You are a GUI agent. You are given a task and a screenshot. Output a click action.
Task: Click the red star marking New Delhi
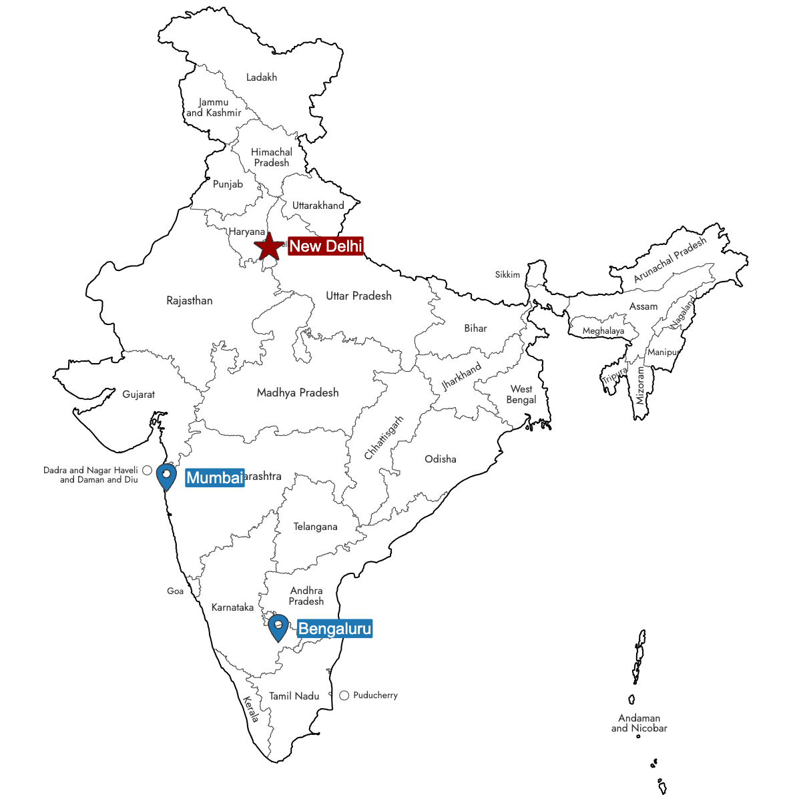268,247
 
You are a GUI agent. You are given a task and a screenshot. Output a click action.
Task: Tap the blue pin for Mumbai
166,477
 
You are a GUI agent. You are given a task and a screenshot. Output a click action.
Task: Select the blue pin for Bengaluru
278,627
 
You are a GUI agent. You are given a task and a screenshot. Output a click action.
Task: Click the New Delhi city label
326,246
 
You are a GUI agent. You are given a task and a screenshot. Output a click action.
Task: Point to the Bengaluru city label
334,629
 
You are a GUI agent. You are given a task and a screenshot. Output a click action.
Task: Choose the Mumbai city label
214,477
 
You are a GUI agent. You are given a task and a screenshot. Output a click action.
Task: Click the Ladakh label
262,77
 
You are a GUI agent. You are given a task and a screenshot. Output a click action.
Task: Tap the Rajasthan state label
190,300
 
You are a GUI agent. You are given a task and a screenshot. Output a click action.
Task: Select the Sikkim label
507,274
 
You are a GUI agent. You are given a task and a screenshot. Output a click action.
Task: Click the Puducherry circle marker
344,696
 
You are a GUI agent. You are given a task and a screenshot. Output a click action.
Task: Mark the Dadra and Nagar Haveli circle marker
147,471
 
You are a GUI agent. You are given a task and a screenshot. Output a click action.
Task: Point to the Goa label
175,591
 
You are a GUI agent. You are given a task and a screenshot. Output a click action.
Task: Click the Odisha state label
441,459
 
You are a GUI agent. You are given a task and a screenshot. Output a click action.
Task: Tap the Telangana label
315,527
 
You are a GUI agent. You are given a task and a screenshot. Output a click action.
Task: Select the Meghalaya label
603,331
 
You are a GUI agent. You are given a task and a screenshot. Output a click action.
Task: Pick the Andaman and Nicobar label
639,723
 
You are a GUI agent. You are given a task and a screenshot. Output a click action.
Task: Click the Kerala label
251,710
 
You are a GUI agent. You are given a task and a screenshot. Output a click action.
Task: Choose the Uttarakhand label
318,206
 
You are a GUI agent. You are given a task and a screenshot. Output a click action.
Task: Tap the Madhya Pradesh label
298,392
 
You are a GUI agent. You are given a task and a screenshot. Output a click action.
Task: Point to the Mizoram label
641,385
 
